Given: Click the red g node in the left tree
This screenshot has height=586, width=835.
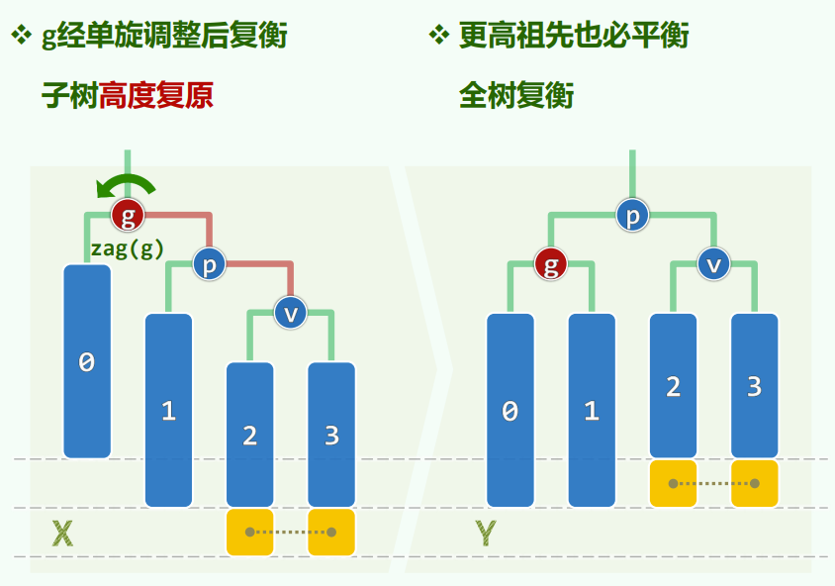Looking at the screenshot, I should click(128, 213).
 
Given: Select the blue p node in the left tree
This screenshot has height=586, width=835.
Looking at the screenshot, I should click(209, 264).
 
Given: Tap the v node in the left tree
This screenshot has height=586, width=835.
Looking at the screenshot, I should click(291, 313).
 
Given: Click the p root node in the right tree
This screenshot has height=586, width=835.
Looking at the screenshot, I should click(632, 214).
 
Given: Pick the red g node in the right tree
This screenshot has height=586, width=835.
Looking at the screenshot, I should click(551, 264).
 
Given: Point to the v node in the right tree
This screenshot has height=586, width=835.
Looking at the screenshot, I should click(713, 264).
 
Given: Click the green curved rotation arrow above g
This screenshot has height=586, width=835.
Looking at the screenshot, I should click(125, 185).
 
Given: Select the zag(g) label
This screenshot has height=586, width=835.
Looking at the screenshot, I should click(128, 248).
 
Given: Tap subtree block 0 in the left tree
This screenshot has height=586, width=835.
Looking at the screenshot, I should click(87, 361).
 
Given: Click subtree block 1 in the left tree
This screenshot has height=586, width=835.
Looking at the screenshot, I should click(168, 410).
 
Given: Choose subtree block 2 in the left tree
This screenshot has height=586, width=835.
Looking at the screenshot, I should click(249, 435).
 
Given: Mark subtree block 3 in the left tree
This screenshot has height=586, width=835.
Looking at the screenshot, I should click(331, 435).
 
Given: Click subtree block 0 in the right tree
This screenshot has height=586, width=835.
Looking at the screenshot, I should click(510, 410).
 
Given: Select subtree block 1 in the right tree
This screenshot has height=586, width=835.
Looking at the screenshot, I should click(592, 410).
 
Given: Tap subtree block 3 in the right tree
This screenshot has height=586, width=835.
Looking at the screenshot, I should click(754, 386).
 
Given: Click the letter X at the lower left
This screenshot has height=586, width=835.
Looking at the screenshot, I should click(62, 535).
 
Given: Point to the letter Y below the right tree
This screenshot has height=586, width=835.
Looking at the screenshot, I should click(485, 535).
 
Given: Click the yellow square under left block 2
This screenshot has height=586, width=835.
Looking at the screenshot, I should click(249, 533).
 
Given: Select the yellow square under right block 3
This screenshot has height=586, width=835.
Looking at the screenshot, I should click(754, 484).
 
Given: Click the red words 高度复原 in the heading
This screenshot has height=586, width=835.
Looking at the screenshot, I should click(155, 96).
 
